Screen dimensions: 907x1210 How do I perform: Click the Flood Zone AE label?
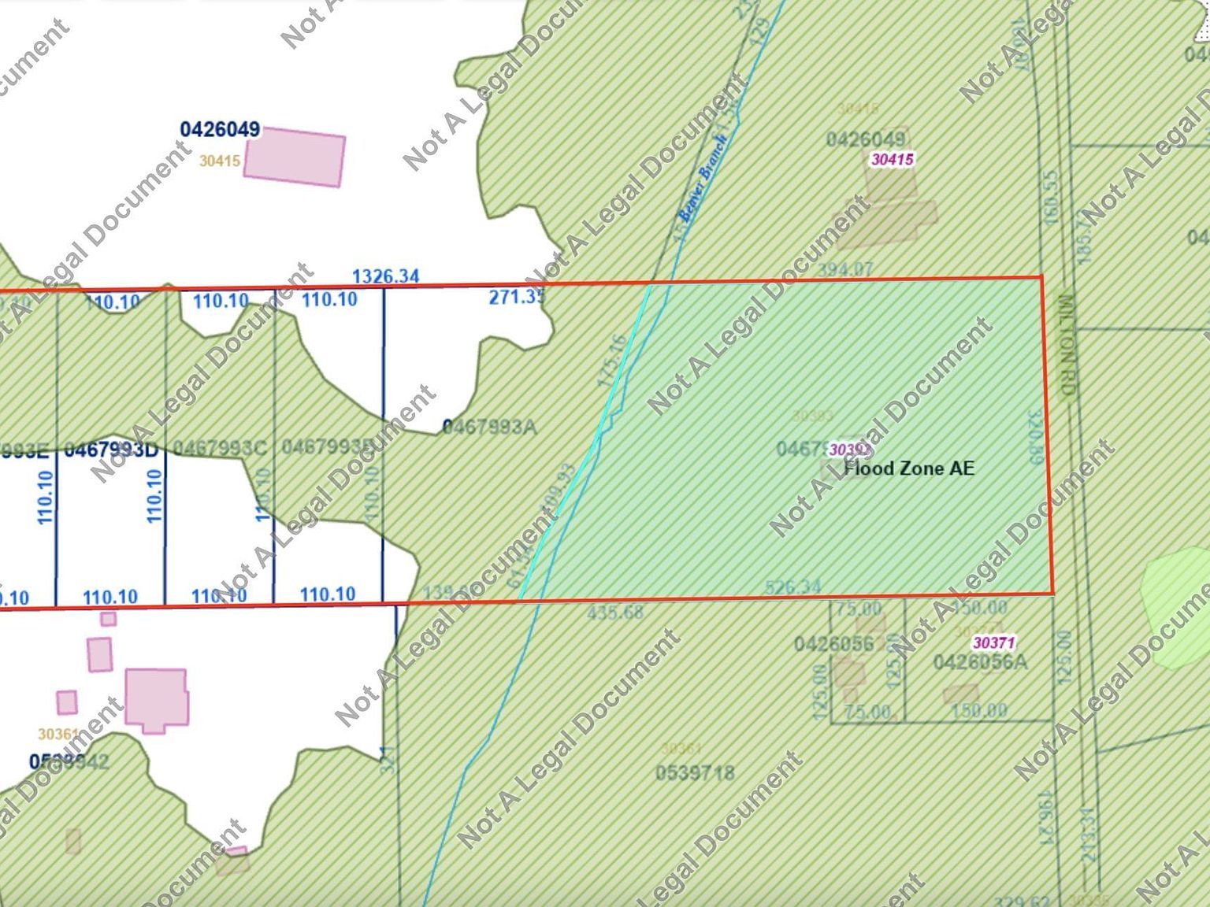coord(909,468)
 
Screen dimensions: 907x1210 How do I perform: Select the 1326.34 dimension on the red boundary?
coord(385,276)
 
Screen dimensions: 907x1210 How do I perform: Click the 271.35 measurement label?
coord(517,298)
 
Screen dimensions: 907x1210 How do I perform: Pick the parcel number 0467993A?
coord(489,428)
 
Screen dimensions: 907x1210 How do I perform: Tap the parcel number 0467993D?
coord(111,450)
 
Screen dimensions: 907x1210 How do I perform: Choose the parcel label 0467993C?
coord(220,448)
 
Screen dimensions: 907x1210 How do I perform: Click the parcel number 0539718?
coord(695,773)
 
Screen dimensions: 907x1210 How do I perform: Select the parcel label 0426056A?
coord(980,662)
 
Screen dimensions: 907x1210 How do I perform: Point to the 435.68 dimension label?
coord(615,612)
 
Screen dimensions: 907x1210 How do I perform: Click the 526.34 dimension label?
coord(792,587)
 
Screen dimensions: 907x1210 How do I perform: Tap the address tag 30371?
coord(993,642)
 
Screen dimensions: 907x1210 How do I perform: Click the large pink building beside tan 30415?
coord(295,158)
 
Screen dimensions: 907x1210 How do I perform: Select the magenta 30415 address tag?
coord(892,159)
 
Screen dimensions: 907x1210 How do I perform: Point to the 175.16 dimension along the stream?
coord(611,361)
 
